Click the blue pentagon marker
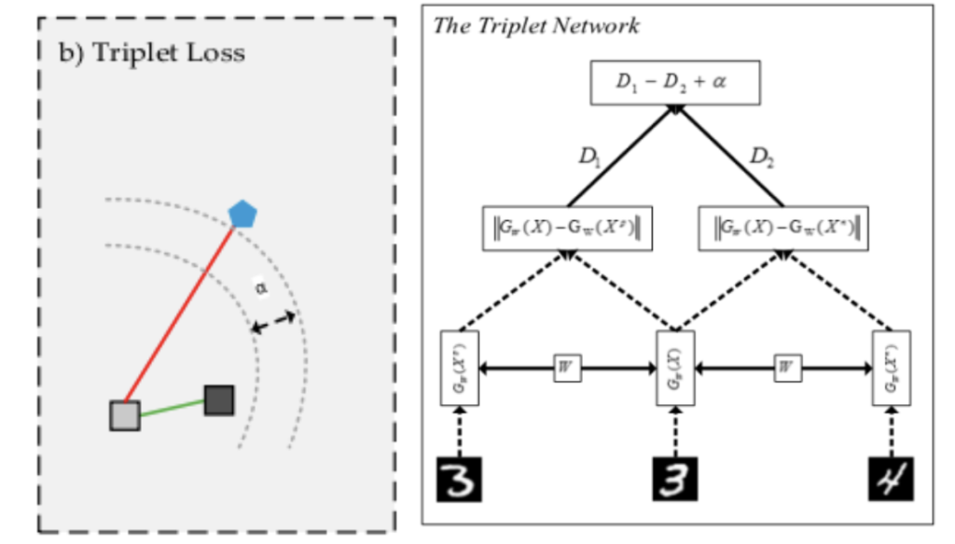(242, 214)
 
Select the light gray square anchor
(125, 415)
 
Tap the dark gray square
(219, 399)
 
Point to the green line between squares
(173, 408)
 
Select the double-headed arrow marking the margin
(273, 323)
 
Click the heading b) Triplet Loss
(153, 52)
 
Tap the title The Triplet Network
(536, 25)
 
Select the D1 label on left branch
(589, 158)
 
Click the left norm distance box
(567, 229)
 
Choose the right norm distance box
(782, 229)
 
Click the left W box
(566, 367)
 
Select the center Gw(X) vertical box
(674, 367)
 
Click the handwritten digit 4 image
(891, 479)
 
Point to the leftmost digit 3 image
(459, 479)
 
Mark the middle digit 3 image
(674, 479)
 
